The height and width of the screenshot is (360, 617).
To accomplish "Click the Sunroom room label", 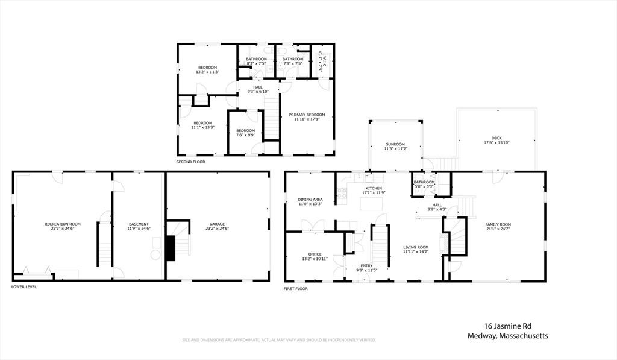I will (396, 144).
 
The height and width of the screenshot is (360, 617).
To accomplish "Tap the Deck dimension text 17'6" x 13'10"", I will (497, 142).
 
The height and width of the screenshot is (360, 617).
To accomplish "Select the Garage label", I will (217, 224).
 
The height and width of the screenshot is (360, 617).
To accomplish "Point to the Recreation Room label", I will (63, 224).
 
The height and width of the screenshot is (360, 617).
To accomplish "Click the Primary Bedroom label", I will (307, 115).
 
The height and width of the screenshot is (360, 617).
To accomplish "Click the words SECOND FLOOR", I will (190, 162).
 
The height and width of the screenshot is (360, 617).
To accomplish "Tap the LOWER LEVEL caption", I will (24, 287).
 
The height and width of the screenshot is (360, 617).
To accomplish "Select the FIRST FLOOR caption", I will (296, 289).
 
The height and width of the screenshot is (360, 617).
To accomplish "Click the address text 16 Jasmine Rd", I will (508, 325).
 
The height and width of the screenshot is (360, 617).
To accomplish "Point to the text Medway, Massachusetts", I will (507, 336).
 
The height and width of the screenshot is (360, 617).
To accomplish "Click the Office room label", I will (315, 254).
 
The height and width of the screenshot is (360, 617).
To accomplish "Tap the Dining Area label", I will (310, 199).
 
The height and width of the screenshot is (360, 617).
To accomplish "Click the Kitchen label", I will (374, 188).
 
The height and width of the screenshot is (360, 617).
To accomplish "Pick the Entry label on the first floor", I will (366, 265).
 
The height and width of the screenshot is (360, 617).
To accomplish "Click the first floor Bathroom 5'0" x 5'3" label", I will (424, 182).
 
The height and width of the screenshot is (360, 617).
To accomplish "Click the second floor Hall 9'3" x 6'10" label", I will (258, 87).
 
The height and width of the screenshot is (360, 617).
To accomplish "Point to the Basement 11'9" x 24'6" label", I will (139, 224).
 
